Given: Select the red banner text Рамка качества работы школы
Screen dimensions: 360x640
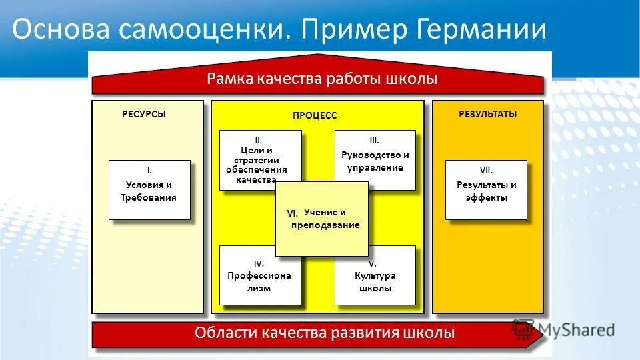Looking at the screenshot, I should coord(322,79).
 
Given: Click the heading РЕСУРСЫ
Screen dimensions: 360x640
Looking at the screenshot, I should coord(143,114).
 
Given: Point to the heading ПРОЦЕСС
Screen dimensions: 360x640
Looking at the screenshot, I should coord(315,115).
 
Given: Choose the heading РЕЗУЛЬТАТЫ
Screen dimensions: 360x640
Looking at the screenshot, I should coord(487,114).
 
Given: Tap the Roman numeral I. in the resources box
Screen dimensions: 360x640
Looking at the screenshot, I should coord(149,171).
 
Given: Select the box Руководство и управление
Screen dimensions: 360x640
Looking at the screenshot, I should coord(375,161).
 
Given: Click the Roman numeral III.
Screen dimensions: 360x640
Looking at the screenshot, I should coord(374,141).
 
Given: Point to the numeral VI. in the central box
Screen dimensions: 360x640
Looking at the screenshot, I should coord(292,213).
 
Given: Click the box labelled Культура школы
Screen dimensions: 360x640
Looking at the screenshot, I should coord(375,282).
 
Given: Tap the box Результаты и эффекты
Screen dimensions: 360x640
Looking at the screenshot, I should coord(486,191).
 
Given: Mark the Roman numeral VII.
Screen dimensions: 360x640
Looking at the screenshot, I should coord(486,171).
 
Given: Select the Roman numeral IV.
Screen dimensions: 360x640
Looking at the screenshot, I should coord(259,263).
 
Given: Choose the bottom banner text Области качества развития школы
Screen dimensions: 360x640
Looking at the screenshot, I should coord(325,333).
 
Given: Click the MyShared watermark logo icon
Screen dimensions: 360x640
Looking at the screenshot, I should coord(524,329).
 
